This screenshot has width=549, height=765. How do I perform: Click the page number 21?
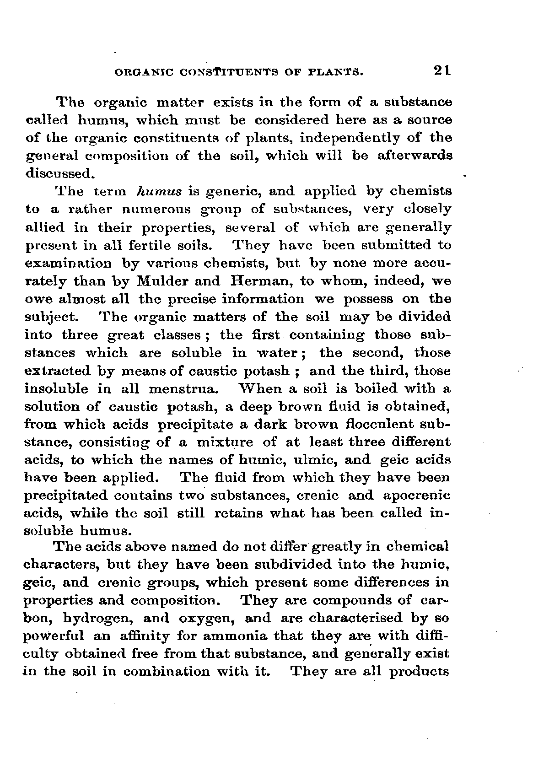pyautogui.click(x=442, y=71)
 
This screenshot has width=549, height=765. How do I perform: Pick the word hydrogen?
pyautogui.click(x=102, y=619)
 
